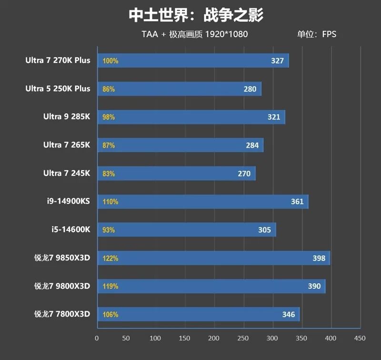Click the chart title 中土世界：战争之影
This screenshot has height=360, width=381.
click(x=196, y=15)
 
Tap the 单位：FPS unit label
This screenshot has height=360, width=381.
click(x=317, y=34)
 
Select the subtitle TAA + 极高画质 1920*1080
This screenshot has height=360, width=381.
click(x=194, y=34)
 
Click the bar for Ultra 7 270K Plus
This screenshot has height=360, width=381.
click(x=193, y=61)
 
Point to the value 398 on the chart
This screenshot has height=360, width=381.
click(x=319, y=258)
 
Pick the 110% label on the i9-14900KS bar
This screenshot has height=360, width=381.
click(x=110, y=202)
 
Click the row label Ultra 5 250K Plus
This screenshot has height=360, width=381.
click(x=58, y=89)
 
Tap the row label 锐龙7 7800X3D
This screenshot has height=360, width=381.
click(x=62, y=314)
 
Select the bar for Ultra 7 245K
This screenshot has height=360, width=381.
click(x=176, y=174)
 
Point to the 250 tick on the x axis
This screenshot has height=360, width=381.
click(x=243, y=338)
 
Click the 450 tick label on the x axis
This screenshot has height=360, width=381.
click(x=360, y=338)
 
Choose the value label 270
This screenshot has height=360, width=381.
click(x=244, y=174)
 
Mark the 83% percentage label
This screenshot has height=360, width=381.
click(x=109, y=174)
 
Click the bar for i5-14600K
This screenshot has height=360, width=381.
click(x=187, y=230)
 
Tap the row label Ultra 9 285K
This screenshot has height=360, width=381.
click(x=66, y=117)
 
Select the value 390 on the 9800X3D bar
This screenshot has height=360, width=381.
click(x=314, y=287)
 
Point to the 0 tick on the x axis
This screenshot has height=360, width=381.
click(x=97, y=338)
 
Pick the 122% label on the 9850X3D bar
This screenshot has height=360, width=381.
click(x=110, y=258)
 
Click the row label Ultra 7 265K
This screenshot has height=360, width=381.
click(x=66, y=145)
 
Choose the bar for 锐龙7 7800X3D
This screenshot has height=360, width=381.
click(x=198, y=314)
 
